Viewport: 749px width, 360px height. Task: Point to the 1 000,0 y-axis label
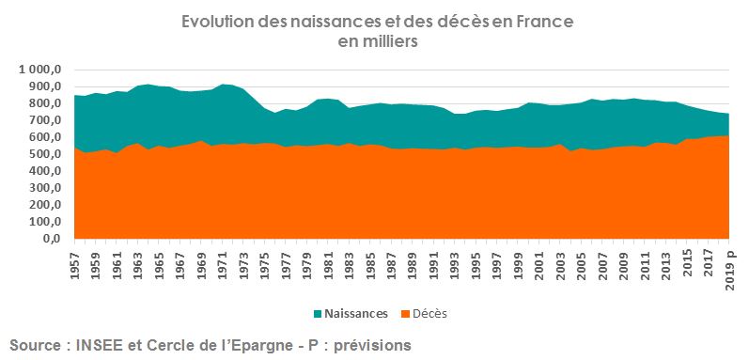pos(39,70)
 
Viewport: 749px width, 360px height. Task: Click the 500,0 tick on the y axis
pos(46,154)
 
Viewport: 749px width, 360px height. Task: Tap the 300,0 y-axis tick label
pos(46,188)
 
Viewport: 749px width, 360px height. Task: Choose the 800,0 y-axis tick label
pos(46,103)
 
